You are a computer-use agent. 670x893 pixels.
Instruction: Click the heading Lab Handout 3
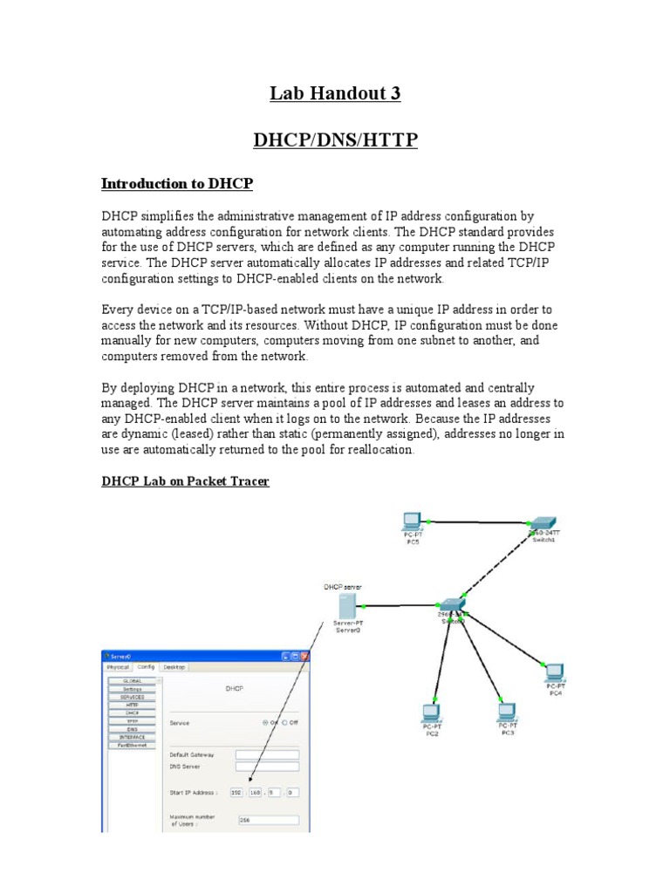coord(335,93)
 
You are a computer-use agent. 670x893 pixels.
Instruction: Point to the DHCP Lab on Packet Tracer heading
coord(185,481)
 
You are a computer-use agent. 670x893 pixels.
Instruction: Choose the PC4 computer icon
coord(554,671)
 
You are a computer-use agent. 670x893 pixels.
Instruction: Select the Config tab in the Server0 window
coord(145,666)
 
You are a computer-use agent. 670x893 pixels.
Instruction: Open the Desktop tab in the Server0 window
coord(174,666)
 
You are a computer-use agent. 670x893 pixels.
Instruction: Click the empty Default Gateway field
coord(267,754)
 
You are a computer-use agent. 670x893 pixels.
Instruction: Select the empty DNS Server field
coord(267,767)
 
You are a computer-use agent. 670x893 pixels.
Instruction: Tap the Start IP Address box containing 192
coord(237,792)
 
